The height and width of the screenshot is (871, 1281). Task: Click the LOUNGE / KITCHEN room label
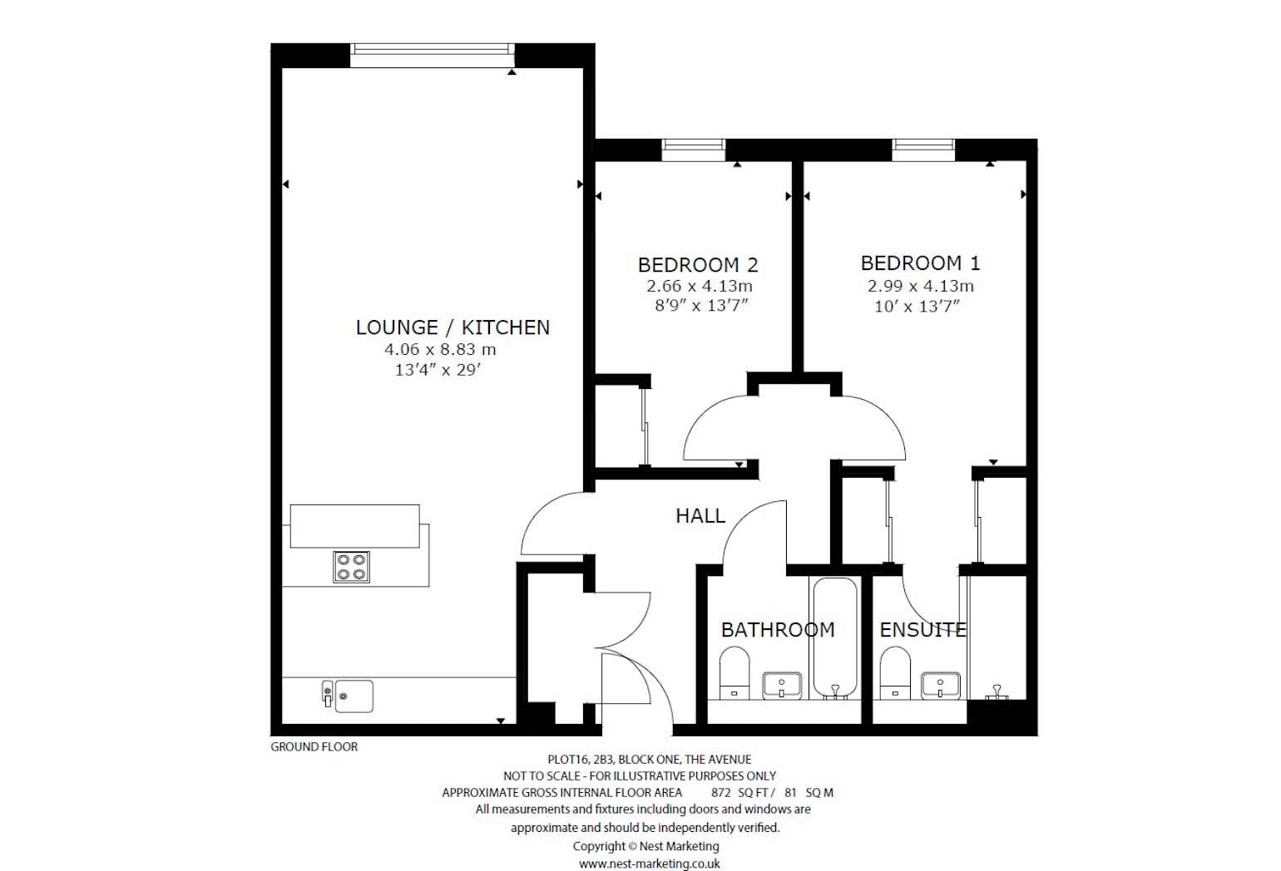pos(453,327)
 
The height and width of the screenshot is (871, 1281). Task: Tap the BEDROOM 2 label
pos(697,265)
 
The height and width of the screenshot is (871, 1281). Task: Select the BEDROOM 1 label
pos(920,263)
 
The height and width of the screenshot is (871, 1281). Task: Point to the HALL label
pos(700,516)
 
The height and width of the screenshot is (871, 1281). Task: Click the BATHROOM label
pos(777,630)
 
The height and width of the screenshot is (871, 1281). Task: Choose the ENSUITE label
pos(922,630)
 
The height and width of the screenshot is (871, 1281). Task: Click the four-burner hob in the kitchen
pos(351,567)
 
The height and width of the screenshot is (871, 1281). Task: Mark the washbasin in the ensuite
pos(941,686)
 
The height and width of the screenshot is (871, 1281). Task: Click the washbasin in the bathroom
pos(782,686)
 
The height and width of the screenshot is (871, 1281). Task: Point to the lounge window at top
pos(432,55)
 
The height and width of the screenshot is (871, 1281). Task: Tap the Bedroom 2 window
pos(693,150)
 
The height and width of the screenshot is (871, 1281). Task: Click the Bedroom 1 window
pos(923,150)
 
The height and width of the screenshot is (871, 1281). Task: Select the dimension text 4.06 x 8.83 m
pos(440,350)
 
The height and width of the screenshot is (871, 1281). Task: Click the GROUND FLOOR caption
pos(314,746)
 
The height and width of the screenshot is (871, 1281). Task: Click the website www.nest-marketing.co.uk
pos(649,864)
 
